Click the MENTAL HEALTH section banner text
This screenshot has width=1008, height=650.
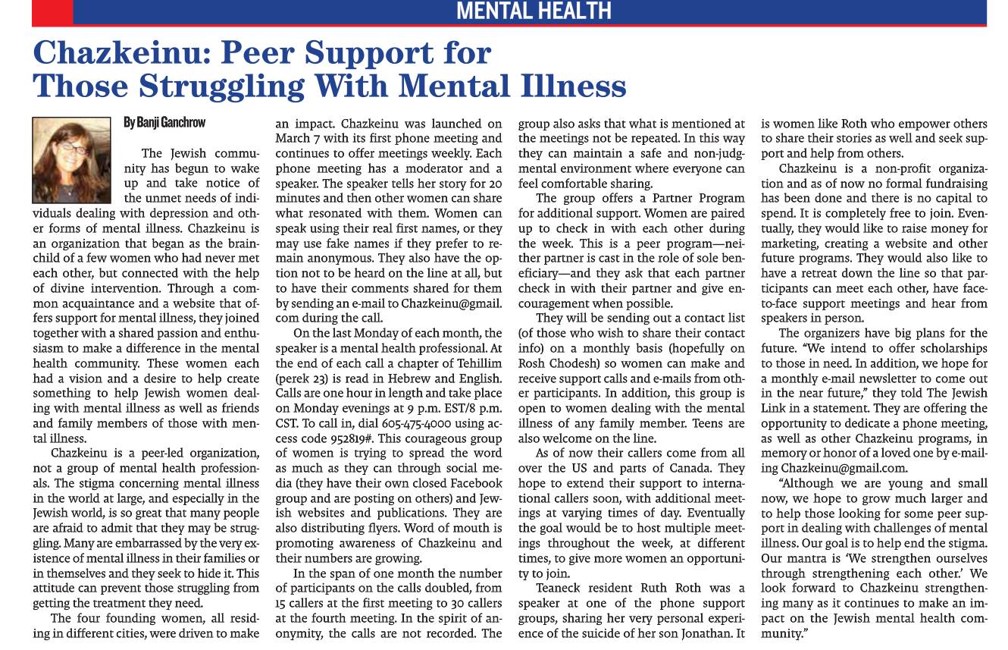(x=534, y=11)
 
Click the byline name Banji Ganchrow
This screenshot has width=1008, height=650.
(x=164, y=122)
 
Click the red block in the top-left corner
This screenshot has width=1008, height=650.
(x=52, y=11)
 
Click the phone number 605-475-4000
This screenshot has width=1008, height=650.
(x=412, y=422)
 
